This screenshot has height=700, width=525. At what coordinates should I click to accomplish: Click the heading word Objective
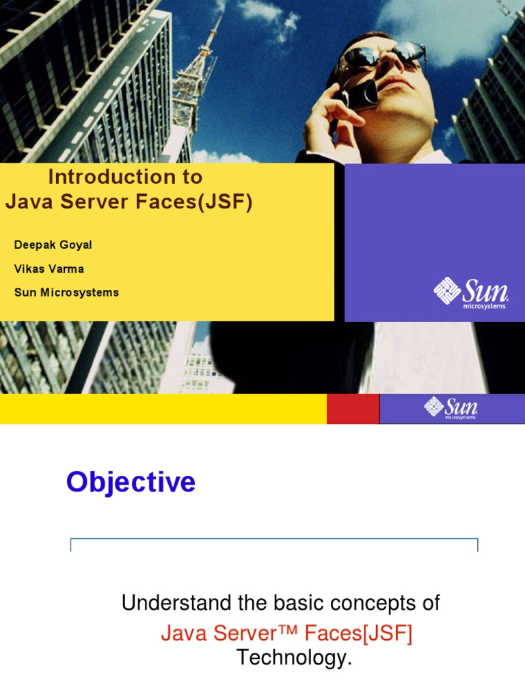point(131,483)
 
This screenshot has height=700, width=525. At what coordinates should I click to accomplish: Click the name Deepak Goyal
point(53,245)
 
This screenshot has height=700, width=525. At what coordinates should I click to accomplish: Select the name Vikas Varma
point(49,269)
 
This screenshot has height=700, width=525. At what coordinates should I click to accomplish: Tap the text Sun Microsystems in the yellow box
point(66,293)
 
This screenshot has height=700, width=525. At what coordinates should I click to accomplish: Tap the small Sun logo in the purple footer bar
point(450,407)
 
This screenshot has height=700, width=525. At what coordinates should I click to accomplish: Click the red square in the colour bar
point(353,409)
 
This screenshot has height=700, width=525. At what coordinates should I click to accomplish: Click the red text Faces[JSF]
point(359,634)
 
